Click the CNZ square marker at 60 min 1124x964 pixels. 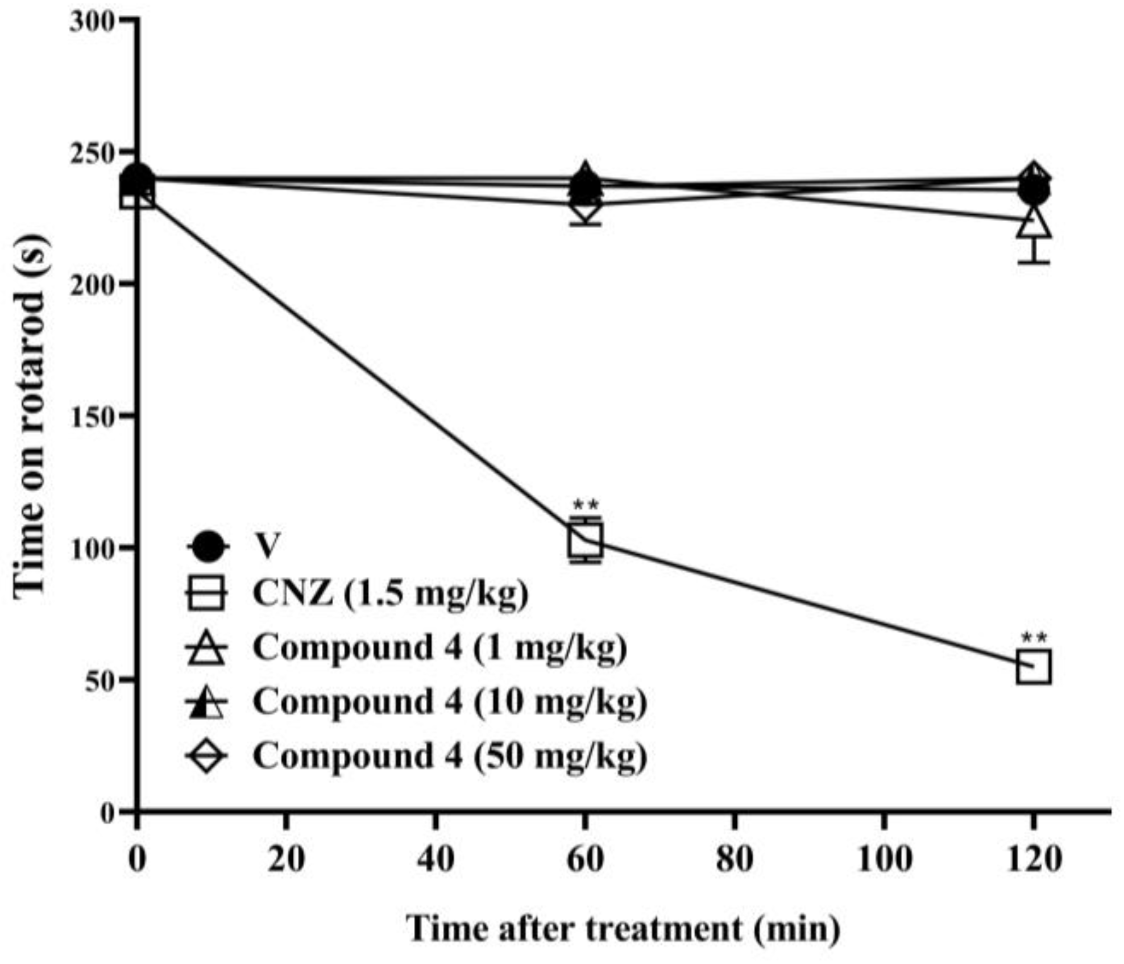(x=585, y=539)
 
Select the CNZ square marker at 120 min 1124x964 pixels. (x=1033, y=667)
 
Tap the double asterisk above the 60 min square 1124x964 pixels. (x=585, y=505)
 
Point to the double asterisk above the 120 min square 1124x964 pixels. (x=1033, y=637)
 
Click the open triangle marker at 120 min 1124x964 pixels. (x=1033, y=223)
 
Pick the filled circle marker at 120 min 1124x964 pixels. (x=1033, y=192)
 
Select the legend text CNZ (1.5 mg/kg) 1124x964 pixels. (x=390, y=594)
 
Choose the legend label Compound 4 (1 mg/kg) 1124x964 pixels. (x=439, y=647)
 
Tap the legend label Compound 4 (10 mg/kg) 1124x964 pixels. (x=449, y=701)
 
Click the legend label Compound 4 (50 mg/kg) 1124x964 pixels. (x=449, y=755)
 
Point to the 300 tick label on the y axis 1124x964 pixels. (x=93, y=22)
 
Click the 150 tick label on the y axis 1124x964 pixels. (x=93, y=415)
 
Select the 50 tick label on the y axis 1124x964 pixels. (x=101, y=679)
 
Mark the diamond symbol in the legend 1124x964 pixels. (x=206, y=755)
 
